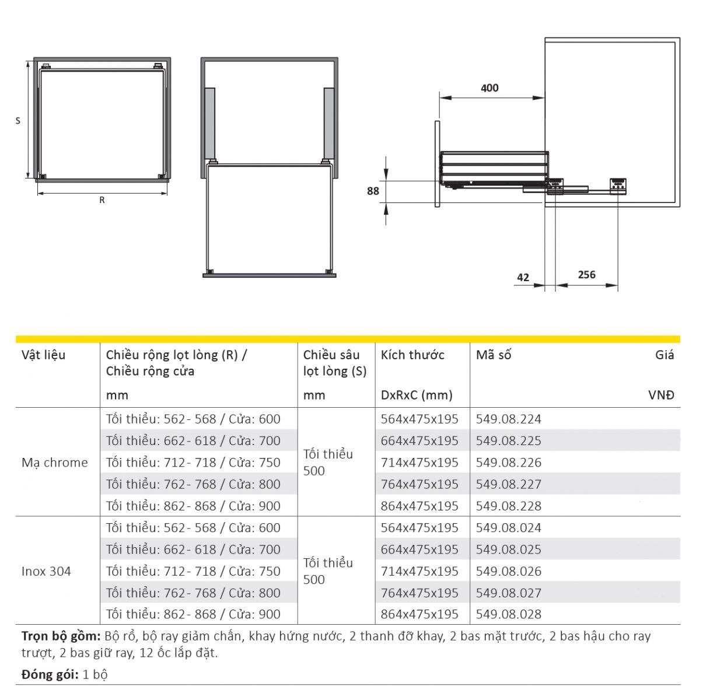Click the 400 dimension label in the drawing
[x=489, y=88]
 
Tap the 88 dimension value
[x=373, y=191]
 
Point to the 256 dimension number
[x=586, y=274]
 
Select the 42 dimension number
[x=523, y=278]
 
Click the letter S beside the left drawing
[x=18, y=121]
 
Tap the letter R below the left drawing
[x=102, y=200]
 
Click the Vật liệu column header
[x=44, y=355]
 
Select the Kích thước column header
[x=412, y=355]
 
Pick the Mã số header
[x=494, y=355]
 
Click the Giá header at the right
[x=664, y=355]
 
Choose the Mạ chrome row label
[x=55, y=463]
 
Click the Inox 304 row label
[x=46, y=571]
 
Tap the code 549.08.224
[x=508, y=419]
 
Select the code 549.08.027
[x=508, y=593]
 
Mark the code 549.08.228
[x=508, y=506]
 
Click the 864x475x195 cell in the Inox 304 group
[x=419, y=614]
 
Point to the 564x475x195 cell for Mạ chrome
[x=419, y=419]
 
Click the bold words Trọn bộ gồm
[x=61, y=636]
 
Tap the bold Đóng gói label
[x=50, y=675]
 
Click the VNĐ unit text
[x=661, y=395]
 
